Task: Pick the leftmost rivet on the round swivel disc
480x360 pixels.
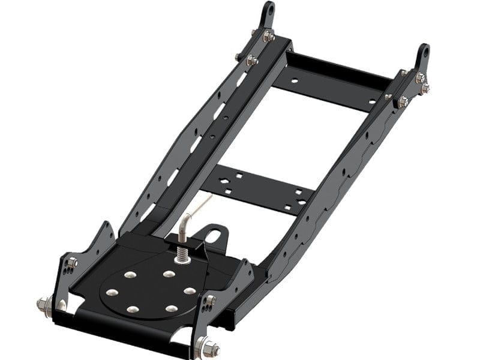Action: (111, 293)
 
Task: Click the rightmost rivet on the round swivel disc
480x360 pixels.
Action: (190, 290)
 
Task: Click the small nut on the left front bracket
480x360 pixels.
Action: (72, 262)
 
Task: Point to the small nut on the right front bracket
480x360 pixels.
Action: (211, 300)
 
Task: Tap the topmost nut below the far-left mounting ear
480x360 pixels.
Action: (268, 37)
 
